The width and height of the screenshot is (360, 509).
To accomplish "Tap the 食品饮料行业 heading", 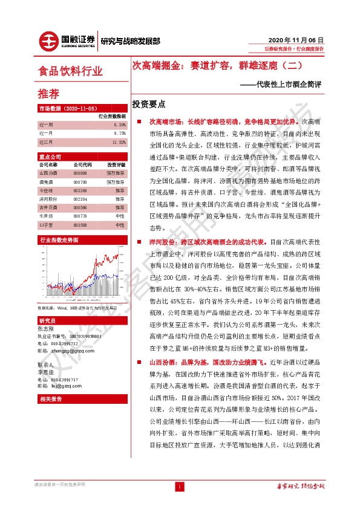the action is click(x=70, y=71).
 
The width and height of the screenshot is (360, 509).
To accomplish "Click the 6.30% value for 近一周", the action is click(x=119, y=124).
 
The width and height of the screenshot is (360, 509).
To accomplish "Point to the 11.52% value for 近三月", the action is click(x=119, y=142).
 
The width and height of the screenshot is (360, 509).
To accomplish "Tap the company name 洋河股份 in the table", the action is click(x=48, y=198).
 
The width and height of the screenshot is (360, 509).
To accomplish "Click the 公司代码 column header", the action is click(x=83, y=164).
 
